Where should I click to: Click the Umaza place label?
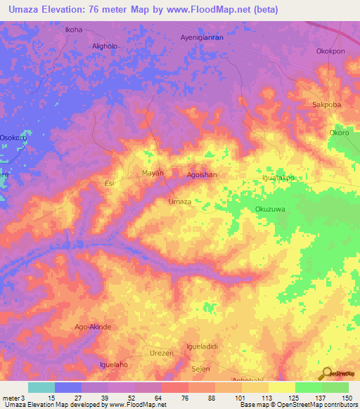180,202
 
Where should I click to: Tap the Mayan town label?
153,173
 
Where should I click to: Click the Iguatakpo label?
277,178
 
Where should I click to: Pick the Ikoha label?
74,30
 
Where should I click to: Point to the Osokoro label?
13,138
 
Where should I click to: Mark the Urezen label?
161,353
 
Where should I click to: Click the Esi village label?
109,183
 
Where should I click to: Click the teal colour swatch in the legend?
41,387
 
